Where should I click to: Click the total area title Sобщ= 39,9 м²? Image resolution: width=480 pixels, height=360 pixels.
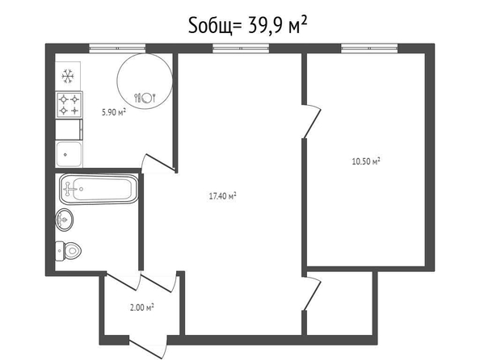coord(247,25)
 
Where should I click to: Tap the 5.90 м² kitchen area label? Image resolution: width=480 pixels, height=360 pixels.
coord(114,112)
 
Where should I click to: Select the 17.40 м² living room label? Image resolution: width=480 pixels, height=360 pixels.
coord(222,196)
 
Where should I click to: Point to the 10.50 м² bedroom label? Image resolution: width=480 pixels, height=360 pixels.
coord(366,161)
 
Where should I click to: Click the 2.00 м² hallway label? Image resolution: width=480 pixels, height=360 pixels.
coord(141,307)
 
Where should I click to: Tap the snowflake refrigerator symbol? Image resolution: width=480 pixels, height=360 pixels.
coord(68,76)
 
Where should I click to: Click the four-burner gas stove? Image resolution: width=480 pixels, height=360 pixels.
coord(69,105)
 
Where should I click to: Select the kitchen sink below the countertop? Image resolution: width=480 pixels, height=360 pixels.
coord(69,154)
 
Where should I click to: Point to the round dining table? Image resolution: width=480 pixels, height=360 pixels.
coord(145,81)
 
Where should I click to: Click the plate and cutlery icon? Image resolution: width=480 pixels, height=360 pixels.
coord(145,98)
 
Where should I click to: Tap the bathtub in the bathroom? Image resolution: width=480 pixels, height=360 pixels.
coord(99,189)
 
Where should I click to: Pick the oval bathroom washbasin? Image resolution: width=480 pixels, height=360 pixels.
coord(65,220)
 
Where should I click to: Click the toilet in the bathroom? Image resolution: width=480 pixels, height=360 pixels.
coord(68,251)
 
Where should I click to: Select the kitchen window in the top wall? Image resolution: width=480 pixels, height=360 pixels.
coord(117,48)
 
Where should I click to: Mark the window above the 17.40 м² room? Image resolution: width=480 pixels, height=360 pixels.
coord(241,48)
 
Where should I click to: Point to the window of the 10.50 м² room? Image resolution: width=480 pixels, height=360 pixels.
coord(369,48)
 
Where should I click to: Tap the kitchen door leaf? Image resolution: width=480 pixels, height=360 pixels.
coord(159,162)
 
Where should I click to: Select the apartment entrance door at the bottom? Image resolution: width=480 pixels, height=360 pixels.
coord(147,348)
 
